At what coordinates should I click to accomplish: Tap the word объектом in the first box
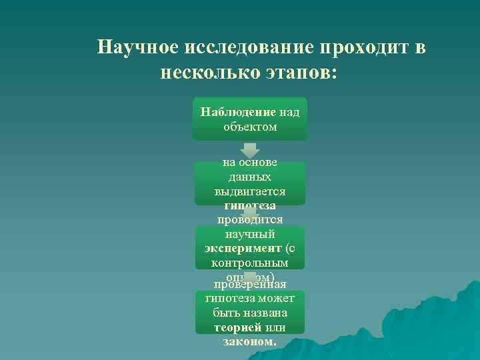[x=250, y=126]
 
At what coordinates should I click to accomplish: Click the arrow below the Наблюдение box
[x=249, y=149]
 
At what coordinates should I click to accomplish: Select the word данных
[x=250, y=177]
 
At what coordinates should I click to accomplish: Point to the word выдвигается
[x=250, y=191]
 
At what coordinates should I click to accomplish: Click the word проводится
[x=250, y=219]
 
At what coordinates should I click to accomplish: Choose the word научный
[x=250, y=234]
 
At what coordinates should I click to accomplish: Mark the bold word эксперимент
[x=243, y=249]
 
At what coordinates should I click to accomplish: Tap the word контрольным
[x=250, y=263]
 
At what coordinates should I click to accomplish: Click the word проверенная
[x=250, y=285]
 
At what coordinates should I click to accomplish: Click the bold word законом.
[x=250, y=341]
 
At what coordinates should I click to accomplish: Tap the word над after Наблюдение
[x=289, y=112]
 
